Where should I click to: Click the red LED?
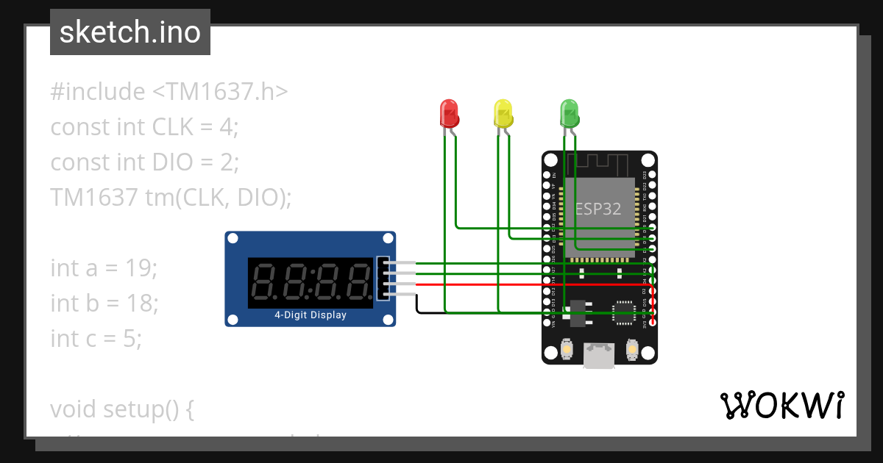[449, 114]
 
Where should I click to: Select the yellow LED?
[503, 114]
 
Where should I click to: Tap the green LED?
[570, 114]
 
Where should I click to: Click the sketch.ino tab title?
[130, 32]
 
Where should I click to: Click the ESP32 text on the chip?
[597, 209]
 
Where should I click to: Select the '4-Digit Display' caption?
[311, 315]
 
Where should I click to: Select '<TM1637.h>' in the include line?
[220, 92]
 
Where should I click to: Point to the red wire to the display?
[515, 284]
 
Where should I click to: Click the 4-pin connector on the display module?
[383, 279]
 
